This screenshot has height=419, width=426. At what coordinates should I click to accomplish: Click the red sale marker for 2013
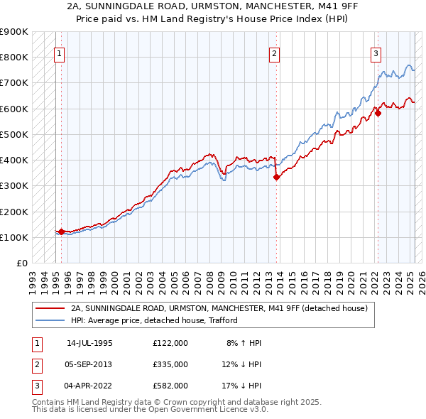277,178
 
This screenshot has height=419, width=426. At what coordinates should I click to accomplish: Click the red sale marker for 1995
62,232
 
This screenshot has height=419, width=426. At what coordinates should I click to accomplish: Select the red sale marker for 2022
378,113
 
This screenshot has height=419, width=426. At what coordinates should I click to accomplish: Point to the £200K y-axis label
14,212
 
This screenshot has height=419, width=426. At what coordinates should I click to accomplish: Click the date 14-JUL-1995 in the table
89,343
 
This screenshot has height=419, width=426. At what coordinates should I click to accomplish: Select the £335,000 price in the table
170,364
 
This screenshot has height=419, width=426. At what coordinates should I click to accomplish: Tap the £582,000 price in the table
170,386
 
